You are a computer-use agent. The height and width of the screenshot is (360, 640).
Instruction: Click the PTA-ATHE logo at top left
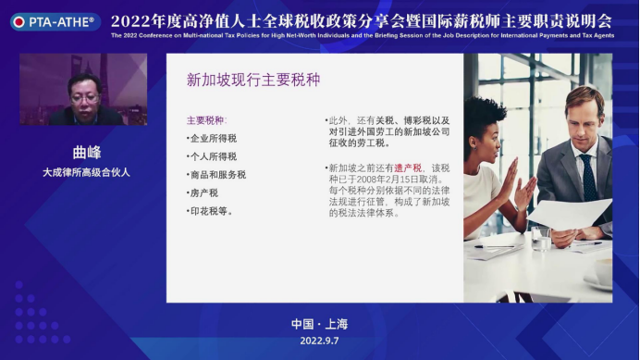coord(53,20)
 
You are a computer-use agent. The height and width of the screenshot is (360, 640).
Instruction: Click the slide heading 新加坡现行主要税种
coord(252,81)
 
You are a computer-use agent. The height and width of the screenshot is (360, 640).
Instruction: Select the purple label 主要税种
coord(205,120)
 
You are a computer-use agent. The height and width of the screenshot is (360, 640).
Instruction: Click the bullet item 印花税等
coord(210,211)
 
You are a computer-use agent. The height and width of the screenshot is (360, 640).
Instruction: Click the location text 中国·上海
coord(319,324)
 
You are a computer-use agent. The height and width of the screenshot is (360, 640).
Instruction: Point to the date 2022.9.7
coord(319,341)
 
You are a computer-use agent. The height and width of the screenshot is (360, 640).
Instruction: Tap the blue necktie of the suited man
coord(588,176)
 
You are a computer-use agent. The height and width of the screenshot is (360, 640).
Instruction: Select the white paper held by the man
coord(569,213)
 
